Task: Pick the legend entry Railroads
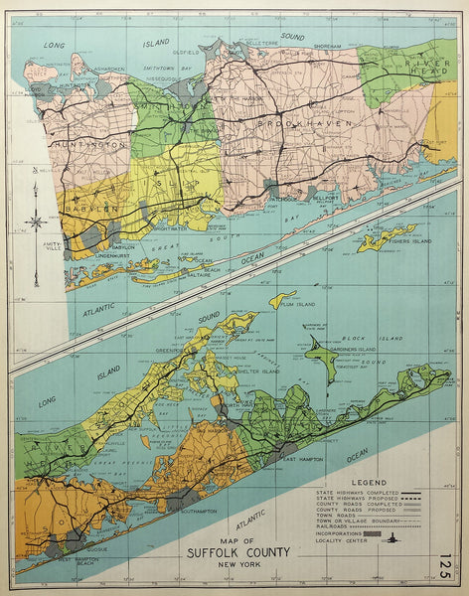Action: (x=328, y=525)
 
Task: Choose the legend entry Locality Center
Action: (x=339, y=540)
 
